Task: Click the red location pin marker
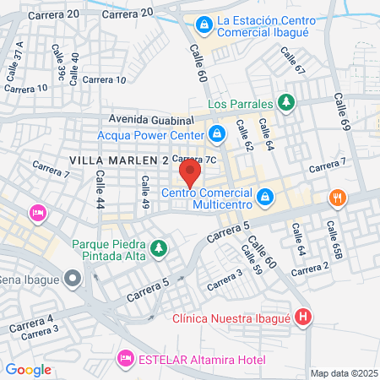[190, 175]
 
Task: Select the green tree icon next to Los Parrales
[287, 103]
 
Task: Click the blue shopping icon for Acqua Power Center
[217, 133]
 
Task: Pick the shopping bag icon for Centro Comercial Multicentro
[265, 197]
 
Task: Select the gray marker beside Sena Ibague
[73, 278]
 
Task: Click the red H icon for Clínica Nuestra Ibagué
[304, 318]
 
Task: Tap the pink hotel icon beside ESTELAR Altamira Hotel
[126, 359]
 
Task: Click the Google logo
[29, 369]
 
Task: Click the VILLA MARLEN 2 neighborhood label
[118, 160]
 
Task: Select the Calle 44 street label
[100, 190]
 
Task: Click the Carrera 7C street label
[195, 159]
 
